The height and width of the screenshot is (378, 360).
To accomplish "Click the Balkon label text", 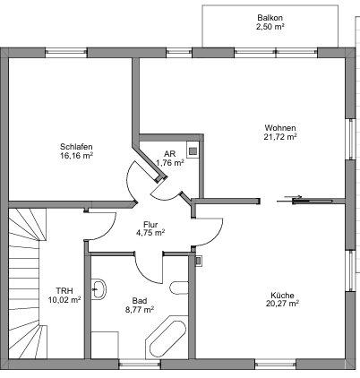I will [270, 17].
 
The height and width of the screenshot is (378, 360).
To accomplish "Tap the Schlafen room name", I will [77, 146].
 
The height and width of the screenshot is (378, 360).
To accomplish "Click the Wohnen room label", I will [280, 127].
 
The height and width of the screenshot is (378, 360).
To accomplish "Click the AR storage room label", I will [169, 153].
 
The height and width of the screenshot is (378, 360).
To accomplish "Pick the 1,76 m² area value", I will [169, 163].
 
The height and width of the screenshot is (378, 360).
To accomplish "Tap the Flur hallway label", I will [150, 224].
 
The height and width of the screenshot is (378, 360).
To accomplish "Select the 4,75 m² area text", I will [150, 233].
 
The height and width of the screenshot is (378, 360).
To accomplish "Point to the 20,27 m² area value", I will [282, 304].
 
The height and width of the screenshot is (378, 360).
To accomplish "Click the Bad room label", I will [139, 300].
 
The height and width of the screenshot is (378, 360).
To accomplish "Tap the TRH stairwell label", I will [64, 291].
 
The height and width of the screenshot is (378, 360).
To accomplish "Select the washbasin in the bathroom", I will [99, 288].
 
